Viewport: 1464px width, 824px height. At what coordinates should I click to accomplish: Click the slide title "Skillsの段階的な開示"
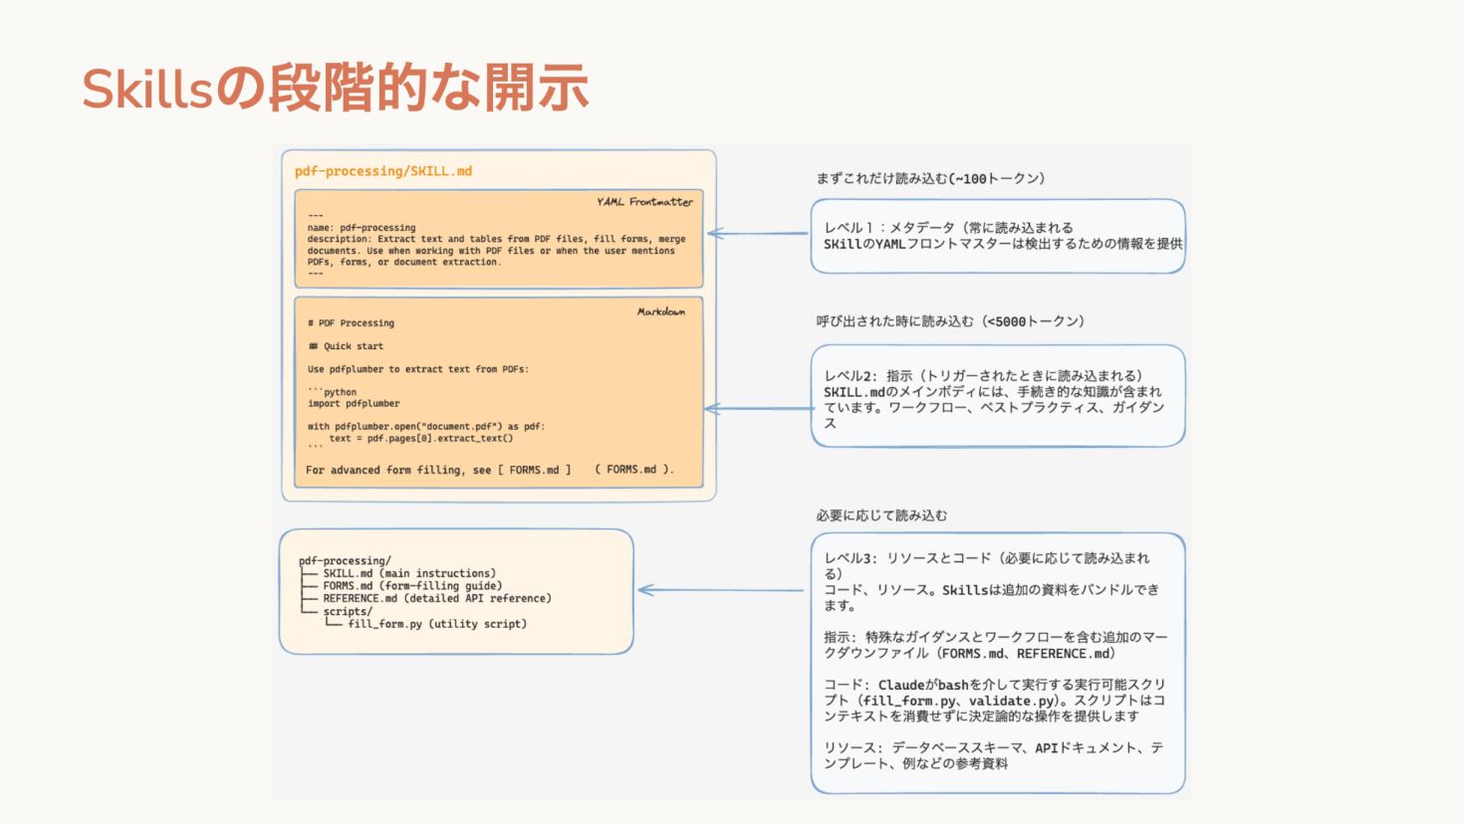[x=335, y=88]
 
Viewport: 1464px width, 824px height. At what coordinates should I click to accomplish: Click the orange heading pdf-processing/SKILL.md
[x=383, y=171]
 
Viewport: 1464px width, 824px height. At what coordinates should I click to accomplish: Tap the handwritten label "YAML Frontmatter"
[x=644, y=202]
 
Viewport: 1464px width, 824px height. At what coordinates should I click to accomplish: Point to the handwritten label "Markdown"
[x=661, y=311]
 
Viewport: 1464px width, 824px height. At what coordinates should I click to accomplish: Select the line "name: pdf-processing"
[x=362, y=228]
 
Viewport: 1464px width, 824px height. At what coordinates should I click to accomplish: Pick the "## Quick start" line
[x=346, y=346]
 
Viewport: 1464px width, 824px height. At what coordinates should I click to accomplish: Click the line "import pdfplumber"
[x=354, y=404]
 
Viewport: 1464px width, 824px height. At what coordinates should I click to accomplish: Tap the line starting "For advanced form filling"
[x=489, y=470]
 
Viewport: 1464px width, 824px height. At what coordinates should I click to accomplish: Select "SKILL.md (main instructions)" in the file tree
[x=408, y=573]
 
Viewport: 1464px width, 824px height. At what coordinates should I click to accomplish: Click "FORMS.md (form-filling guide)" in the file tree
[x=412, y=586]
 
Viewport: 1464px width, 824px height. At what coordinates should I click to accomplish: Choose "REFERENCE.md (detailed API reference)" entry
[x=436, y=599]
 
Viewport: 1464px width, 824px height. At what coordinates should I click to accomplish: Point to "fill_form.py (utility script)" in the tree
[x=437, y=624]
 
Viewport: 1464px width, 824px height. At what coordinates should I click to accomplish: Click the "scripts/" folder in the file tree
[x=348, y=611]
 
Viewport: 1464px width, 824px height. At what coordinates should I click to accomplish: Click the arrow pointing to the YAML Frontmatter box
[x=757, y=234]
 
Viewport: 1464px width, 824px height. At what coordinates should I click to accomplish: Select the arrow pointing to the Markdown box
[x=757, y=409]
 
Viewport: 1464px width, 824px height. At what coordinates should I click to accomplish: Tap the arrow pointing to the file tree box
[x=720, y=590]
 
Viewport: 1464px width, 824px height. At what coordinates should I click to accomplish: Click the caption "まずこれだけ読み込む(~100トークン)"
[x=930, y=179]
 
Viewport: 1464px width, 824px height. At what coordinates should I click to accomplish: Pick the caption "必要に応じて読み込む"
[x=881, y=515]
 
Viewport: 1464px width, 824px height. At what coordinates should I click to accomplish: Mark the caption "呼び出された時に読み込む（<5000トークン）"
[x=950, y=321]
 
